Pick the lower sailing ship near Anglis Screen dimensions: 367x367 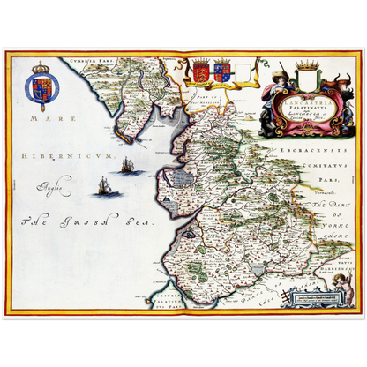(105, 185)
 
